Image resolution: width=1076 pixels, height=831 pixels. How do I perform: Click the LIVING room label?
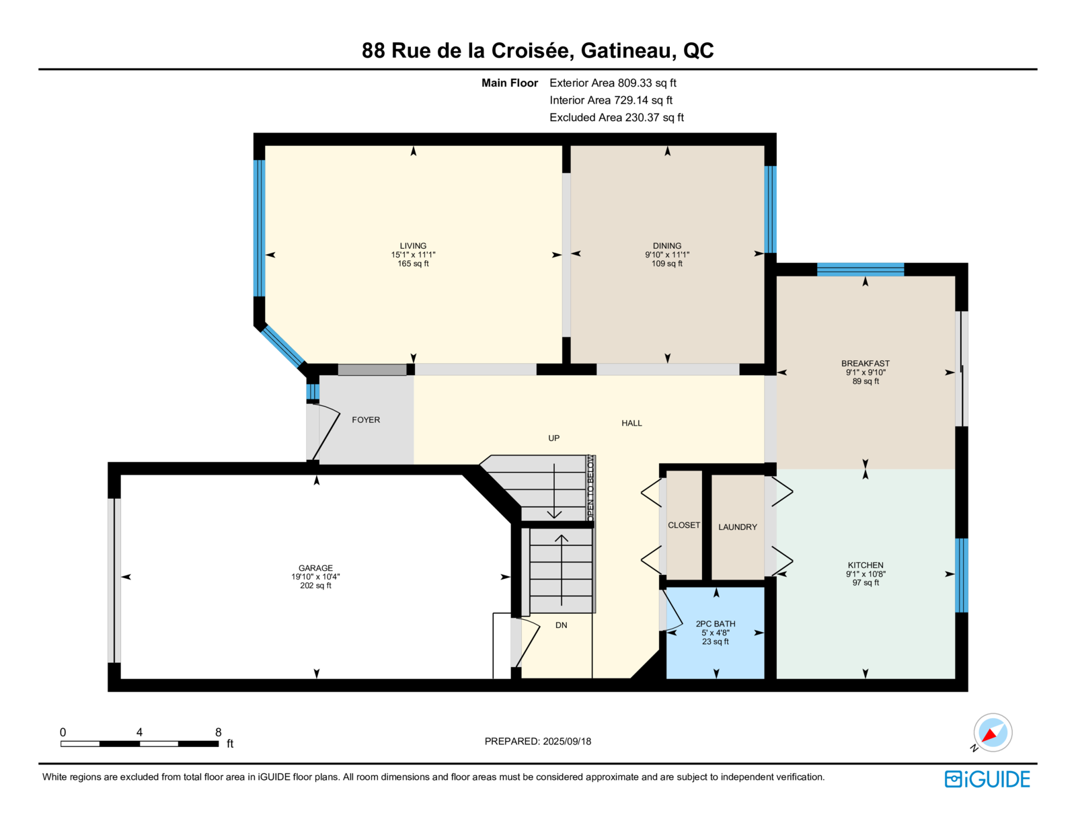pos(413,245)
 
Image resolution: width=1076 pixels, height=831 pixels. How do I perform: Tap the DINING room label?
pos(666,245)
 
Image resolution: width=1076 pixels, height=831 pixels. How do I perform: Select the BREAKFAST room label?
pos(865,363)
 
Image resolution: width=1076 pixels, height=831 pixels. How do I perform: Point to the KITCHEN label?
pos(865,565)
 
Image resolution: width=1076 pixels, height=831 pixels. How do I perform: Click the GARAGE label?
pos(315,567)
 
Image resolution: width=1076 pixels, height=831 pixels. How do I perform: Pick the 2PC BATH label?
pos(716,624)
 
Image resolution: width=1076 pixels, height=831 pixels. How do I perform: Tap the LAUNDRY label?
pos(737,527)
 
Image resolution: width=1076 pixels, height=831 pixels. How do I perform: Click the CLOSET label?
pos(684,525)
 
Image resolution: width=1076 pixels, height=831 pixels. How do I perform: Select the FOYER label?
pos(366,420)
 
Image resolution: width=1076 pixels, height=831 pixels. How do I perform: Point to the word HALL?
pos(631,423)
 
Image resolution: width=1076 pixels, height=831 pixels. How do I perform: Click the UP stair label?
pos(553,438)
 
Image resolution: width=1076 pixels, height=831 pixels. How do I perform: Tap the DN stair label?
pos(561,625)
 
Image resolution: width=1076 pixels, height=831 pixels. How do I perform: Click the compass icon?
pos(993,733)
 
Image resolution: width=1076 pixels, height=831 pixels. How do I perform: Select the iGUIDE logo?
pos(987,779)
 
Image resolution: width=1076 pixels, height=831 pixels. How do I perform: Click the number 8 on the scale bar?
pos(218,732)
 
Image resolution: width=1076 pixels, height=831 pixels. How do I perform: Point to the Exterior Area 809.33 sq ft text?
pos(613,83)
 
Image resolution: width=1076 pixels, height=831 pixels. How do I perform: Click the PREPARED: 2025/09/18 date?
pos(538,742)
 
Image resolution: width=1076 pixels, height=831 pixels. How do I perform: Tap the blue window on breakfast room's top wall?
pos(860,270)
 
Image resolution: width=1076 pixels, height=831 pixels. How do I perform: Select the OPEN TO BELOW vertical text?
pos(590,487)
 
